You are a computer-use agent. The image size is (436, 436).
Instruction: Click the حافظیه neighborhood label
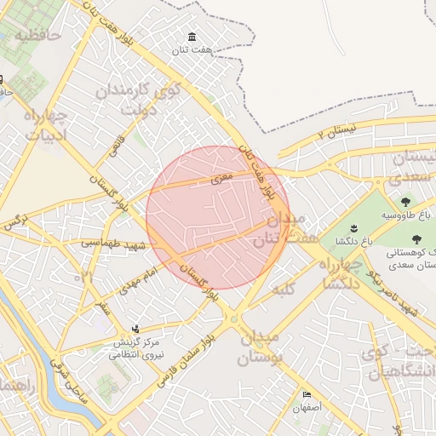pyautogui.click(x=39, y=36)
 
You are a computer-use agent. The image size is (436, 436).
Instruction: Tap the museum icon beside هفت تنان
pyautogui.click(x=192, y=37)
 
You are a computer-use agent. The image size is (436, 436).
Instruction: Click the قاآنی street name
pyautogui.click(x=114, y=145)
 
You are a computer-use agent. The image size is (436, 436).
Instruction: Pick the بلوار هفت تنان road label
pyautogui.click(x=257, y=170)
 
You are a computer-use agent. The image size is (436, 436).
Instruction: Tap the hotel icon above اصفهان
pyautogui.click(x=307, y=395)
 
